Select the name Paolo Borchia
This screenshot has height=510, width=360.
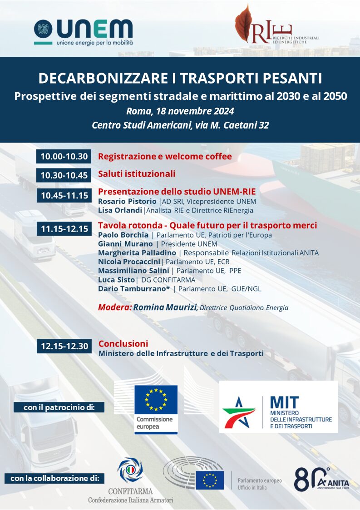tap(123, 235)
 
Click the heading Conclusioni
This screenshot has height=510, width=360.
tap(123, 344)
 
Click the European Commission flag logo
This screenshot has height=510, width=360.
tap(155, 400)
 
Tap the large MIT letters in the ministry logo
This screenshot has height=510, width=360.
tap(284, 402)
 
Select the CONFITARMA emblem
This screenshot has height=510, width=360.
tap(130, 470)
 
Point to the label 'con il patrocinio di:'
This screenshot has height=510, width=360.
tap(59, 407)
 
